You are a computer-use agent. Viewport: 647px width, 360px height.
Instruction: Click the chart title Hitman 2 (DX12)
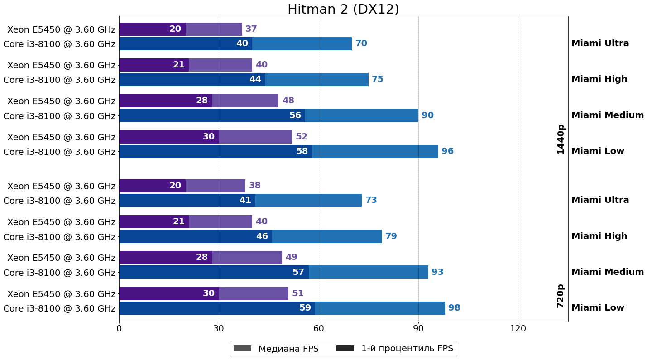click(x=343, y=9)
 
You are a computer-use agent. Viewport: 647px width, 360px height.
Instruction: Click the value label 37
click(x=251, y=29)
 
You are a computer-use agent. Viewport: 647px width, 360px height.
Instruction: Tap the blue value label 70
click(x=361, y=43)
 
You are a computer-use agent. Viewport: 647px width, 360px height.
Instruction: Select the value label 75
click(x=378, y=79)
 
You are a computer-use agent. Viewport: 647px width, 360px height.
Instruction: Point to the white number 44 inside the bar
click(x=255, y=79)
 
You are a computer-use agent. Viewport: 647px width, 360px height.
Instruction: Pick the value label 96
click(x=447, y=151)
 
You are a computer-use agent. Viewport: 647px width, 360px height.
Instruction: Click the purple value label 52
click(x=302, y=137)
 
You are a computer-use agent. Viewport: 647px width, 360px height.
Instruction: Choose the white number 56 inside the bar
click(x=295, y=115)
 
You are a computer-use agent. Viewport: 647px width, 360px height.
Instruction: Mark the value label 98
click(x=454, y=308)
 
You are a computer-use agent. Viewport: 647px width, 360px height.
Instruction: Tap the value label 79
click(x=391, y=236)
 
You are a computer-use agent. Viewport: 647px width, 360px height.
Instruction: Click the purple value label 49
click(x=292, y=257)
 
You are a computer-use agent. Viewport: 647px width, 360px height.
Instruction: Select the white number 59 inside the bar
click(x=305, y=308)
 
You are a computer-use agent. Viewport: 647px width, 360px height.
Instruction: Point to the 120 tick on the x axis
click(x=518, y=329)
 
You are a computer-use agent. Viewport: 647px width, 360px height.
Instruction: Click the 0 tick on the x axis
click(x=119, y=329)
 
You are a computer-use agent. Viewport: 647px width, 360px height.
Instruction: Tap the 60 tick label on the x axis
click(x=319, y=329)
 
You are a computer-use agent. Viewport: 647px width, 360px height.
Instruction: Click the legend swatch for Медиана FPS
click(x=242, y=349)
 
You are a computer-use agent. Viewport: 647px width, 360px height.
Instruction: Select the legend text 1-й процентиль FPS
click(x=407, y=349)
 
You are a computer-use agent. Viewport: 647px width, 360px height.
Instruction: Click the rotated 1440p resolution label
click(x=561, y=139)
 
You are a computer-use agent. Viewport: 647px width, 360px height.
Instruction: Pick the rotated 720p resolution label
click(x=561, y=296)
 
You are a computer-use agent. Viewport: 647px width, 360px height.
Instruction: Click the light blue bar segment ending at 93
click(x=368, y=272)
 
